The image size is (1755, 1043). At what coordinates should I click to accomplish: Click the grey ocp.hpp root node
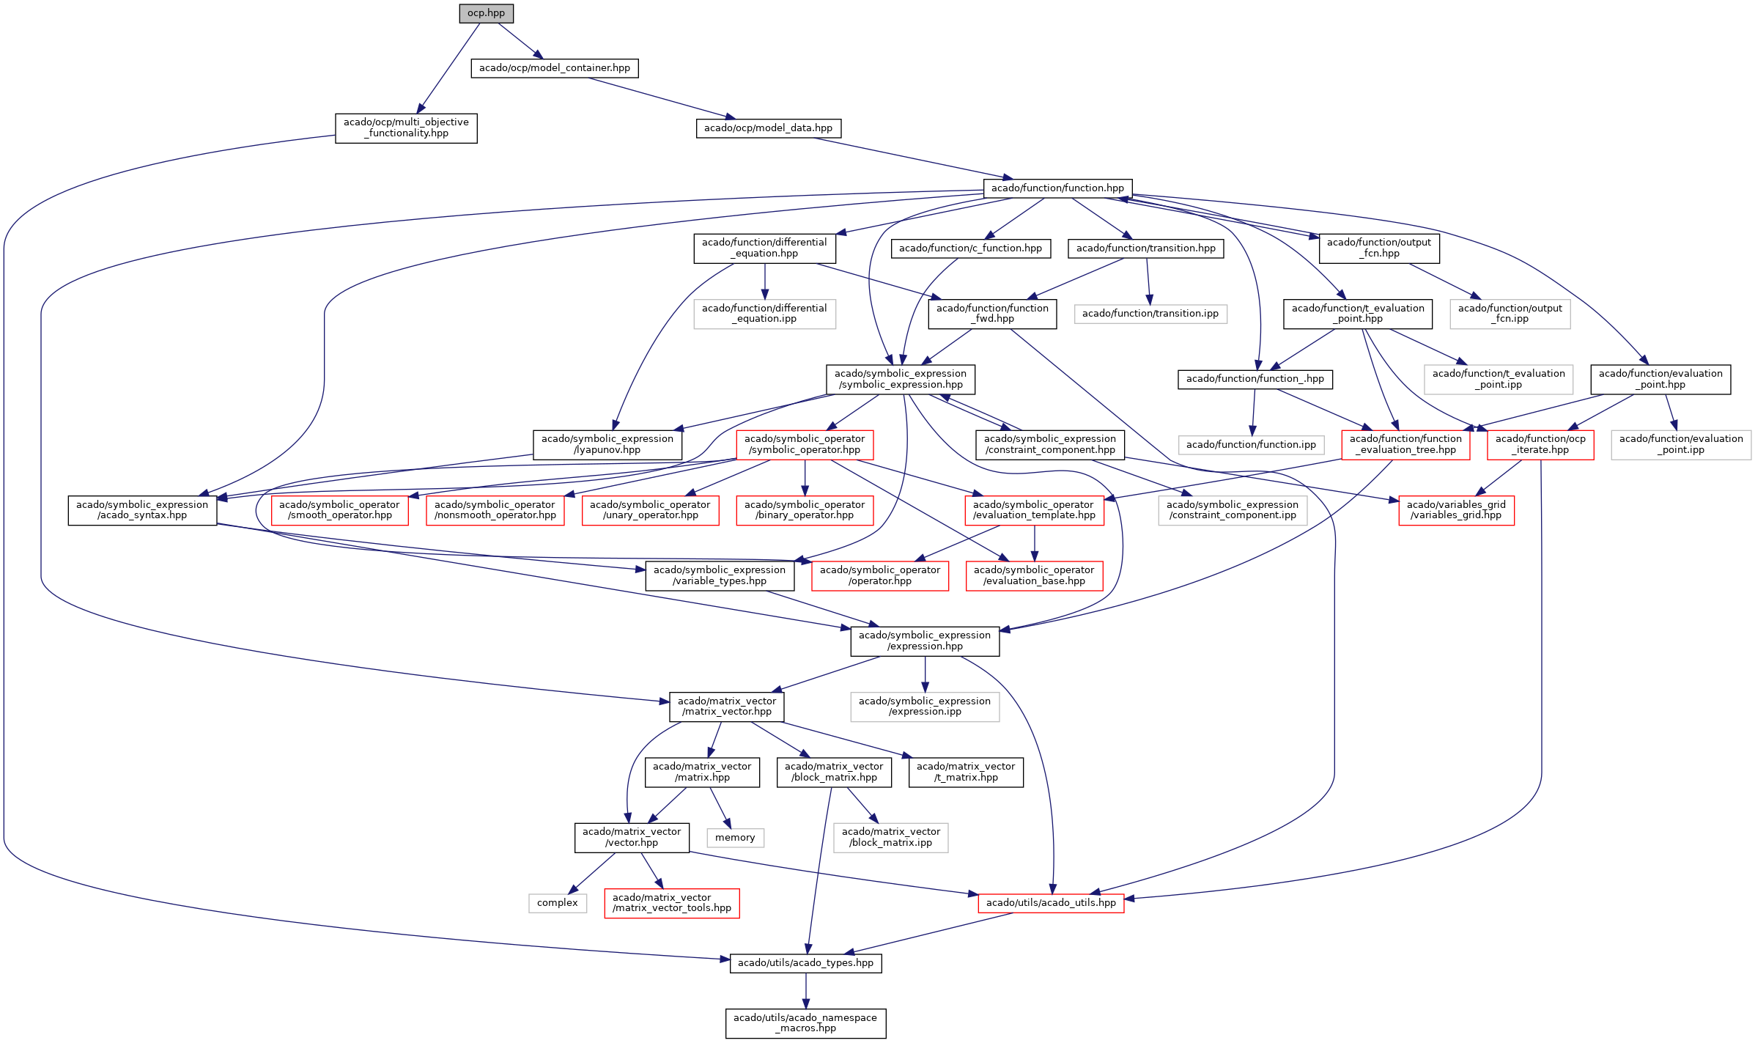(486, 13)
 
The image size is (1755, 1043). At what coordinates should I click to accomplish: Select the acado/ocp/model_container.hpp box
(554, 68)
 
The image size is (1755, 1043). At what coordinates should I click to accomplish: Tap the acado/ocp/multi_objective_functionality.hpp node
(406, 128)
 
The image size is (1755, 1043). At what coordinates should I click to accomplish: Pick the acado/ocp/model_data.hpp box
(768, 128)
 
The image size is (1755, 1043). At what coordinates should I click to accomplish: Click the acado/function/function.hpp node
(1057, 188)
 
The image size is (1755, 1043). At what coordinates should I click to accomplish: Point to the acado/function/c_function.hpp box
(970, 248)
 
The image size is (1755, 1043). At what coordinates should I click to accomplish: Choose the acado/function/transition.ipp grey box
(1150, 314)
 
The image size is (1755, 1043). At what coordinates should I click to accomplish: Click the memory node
(735, 838)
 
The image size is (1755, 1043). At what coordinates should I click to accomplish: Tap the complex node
(557, 903)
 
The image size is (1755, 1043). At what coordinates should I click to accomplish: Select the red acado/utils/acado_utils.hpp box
(1051, 903)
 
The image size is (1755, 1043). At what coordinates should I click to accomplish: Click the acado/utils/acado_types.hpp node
(805, 963)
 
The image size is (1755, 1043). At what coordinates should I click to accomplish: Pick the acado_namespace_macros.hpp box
(805, 1023)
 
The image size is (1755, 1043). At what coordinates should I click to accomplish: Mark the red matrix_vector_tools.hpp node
(672, 903)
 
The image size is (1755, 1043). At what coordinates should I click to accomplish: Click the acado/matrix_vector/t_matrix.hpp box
(966, 773)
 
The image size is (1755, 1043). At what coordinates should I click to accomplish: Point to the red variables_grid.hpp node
(1456, 510)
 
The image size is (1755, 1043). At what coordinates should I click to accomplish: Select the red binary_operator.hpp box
(805, 510)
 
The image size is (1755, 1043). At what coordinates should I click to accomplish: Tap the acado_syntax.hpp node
(142, 510)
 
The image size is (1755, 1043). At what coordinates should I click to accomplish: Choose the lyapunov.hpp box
(607, 445)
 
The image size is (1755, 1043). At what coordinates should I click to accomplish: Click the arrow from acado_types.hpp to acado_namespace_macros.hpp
(806, 991)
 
